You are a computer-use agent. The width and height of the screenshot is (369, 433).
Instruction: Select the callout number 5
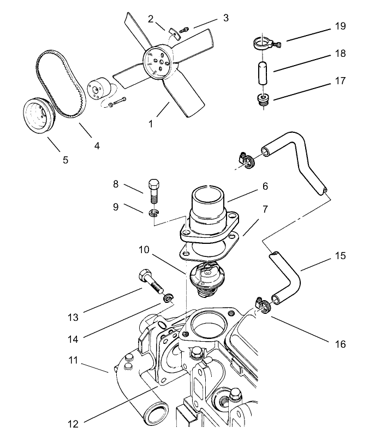tap(65, 160)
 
